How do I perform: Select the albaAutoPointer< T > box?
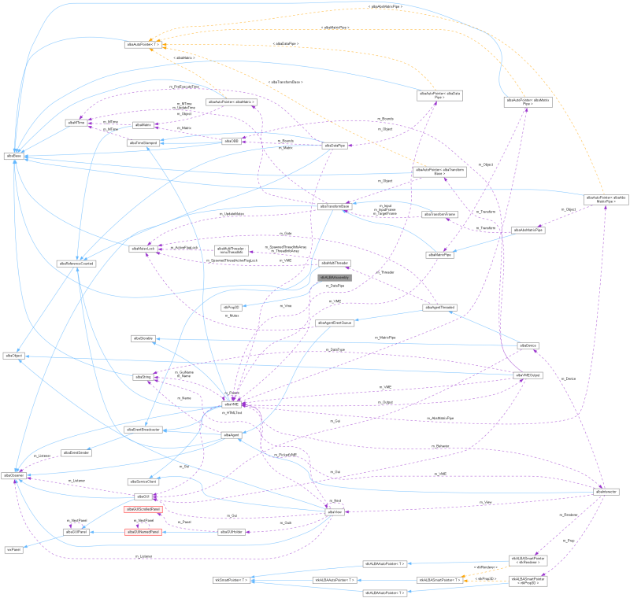(143, 45)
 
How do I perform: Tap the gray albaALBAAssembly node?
(335, 278)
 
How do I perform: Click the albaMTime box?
(76, 124)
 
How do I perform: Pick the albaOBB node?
(231, 141)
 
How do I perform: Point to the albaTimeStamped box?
(143, 142)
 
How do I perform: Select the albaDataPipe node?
(336, 146)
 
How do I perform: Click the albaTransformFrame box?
(440, 214)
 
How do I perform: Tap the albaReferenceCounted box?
(80, 264)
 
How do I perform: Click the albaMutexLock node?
(144, 249)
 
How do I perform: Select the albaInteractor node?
(606, 491)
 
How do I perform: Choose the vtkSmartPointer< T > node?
(231, 580)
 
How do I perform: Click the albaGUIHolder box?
(231, 532)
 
